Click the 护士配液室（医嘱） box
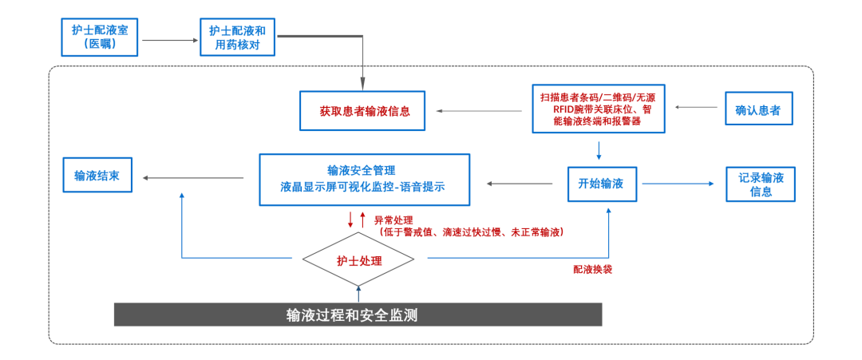(x=101, y=37)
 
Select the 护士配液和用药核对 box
(x=238, y=37)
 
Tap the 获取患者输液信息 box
(x=364, y=111)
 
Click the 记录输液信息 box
(x=760, y=184)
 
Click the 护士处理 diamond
(x=358, y=260)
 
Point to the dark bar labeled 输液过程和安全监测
(x=358, y=315)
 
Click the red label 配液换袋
(x=593, y=270)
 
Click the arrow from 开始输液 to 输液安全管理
(x=520, y=184)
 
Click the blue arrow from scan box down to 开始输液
(x=599, y=149)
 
